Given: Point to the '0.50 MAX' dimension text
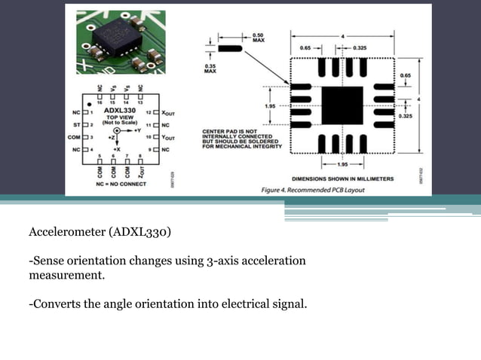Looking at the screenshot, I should click(x=258, y=38).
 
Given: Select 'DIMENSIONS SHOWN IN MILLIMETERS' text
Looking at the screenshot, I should click(x=348, y=178).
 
